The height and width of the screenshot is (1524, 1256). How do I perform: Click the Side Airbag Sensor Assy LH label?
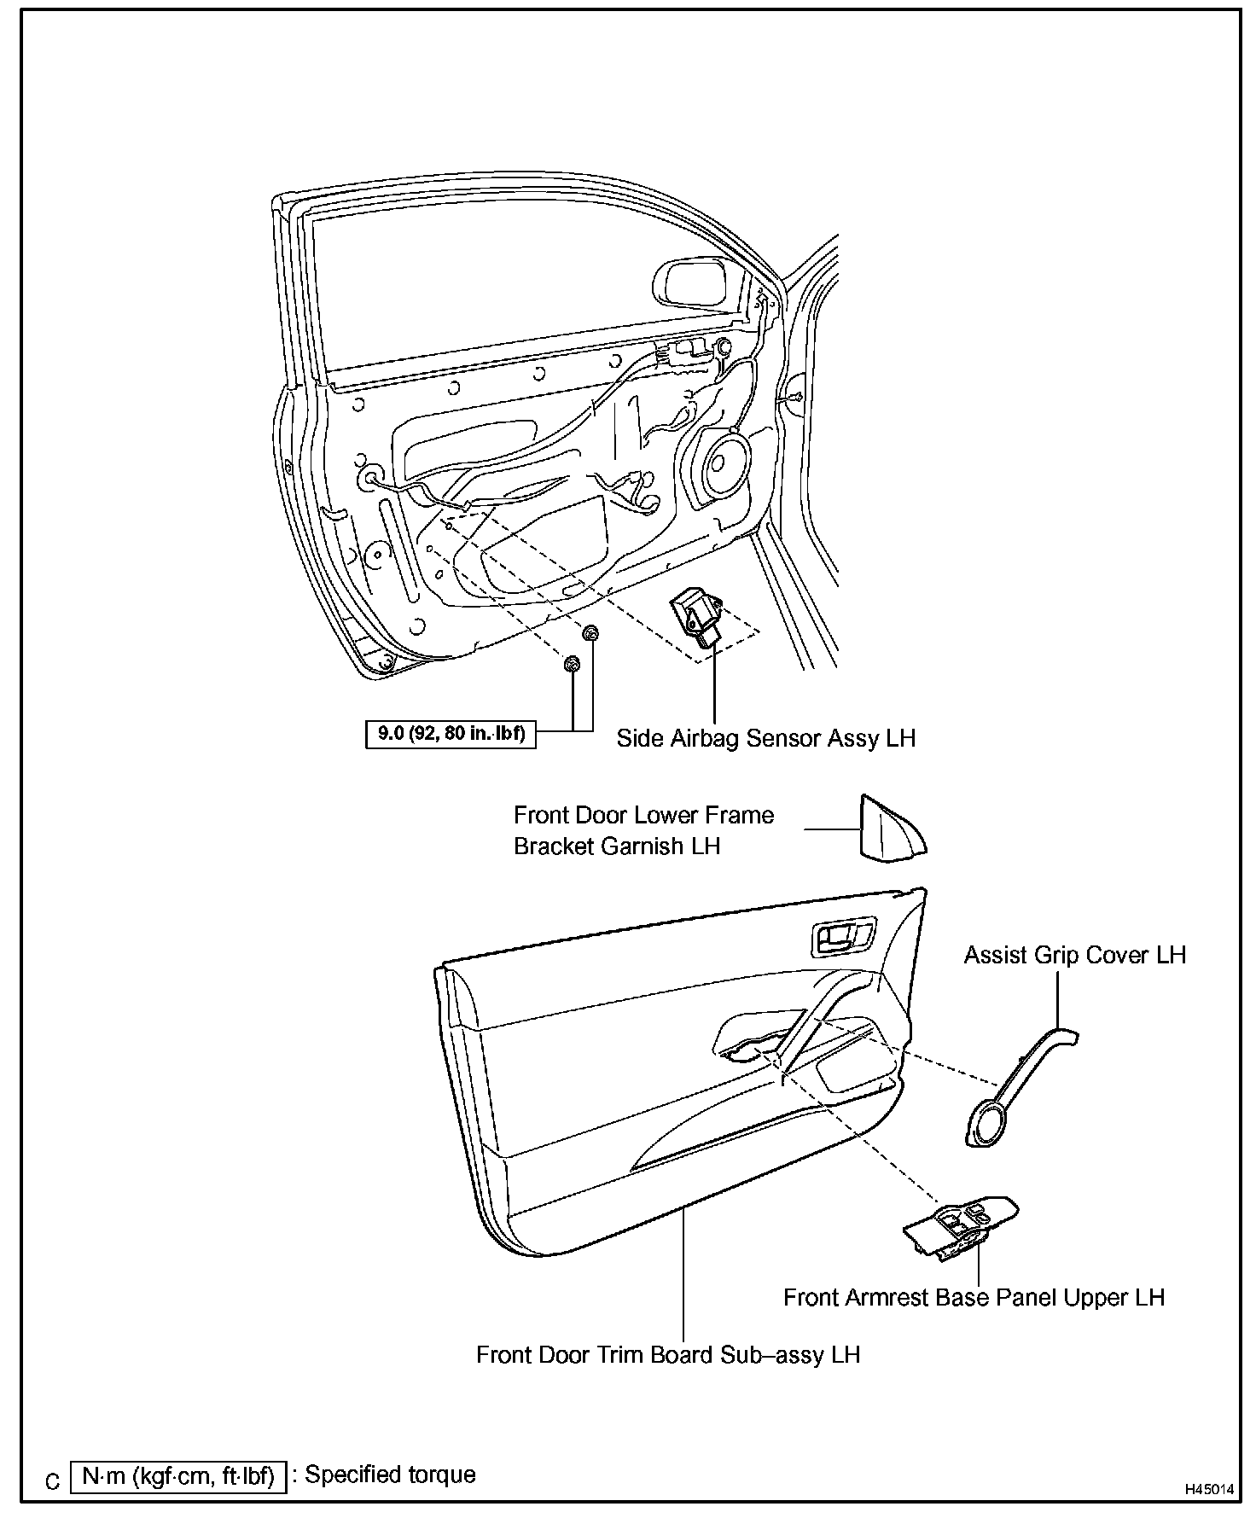765,738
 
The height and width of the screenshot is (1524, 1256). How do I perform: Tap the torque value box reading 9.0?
451,733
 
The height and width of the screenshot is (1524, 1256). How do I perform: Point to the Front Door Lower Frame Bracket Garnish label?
643,830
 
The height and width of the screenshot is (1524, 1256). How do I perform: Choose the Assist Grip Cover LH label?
1074,955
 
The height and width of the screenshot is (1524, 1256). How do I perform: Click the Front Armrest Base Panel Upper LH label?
974,1298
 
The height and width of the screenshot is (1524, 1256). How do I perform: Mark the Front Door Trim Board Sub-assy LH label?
667,1355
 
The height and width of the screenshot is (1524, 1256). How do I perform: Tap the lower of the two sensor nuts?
572,665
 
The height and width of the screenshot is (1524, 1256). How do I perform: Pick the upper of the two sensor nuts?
590,633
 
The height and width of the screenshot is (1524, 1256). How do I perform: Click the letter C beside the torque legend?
53,1481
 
